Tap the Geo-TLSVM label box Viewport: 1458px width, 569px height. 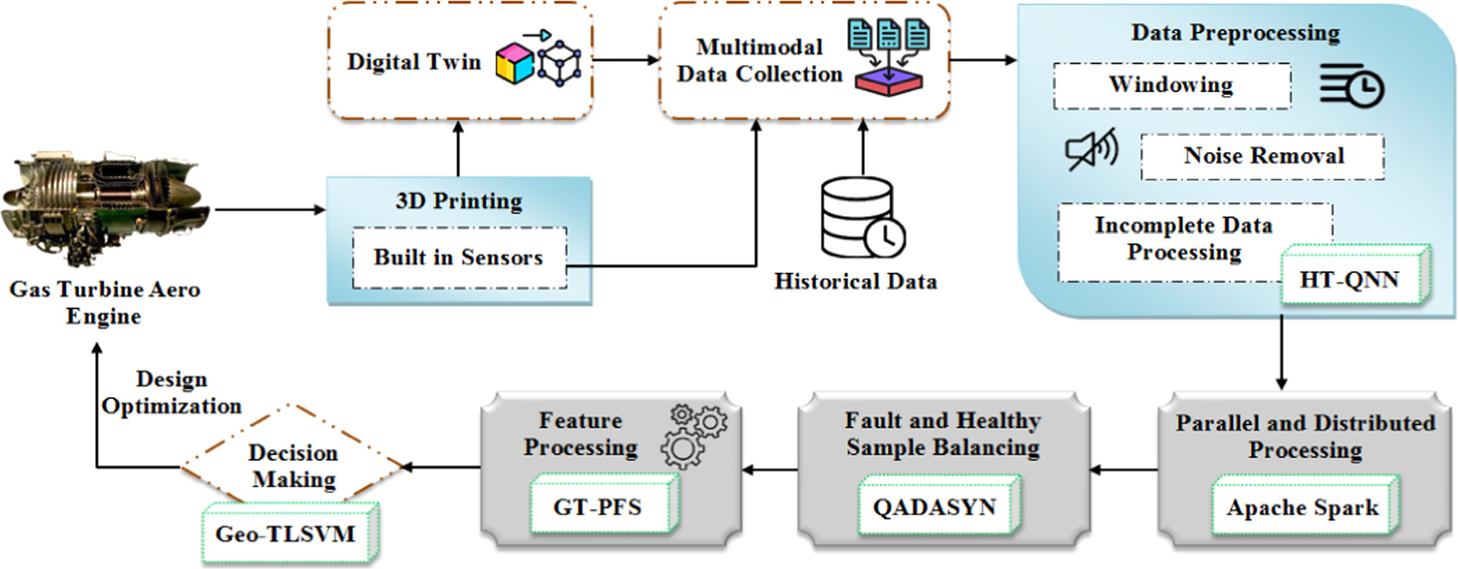coord(286,533)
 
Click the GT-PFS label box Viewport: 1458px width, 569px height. coord(598,507)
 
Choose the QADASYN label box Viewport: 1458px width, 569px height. coord(935,507)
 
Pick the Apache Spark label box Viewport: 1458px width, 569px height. coord(1302,508)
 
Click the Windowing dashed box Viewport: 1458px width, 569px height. coord(1171,85)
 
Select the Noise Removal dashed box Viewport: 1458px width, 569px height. coord(1263,156)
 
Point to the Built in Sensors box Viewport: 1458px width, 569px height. coord(459,258)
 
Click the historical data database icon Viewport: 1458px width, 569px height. coord(860,217)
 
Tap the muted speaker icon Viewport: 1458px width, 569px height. coord(1091,151)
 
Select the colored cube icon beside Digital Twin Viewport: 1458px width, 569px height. coord(515,63)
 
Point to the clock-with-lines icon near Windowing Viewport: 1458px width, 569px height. coord(1352,86)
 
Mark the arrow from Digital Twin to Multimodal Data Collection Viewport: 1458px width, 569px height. coord(626,60)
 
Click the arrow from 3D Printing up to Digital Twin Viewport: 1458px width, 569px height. coord(459,149)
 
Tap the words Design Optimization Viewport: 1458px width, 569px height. coord(172,392)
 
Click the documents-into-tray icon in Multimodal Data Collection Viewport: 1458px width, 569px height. coord(889,57)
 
